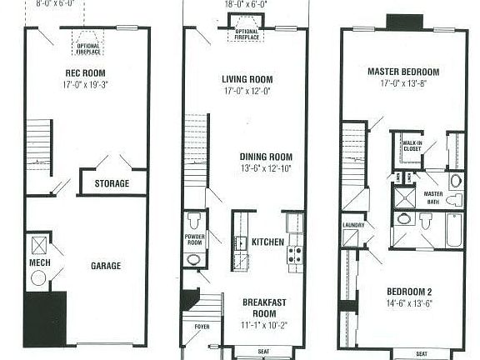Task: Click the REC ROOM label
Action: (x=84, y=72)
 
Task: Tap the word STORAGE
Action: (x=111, y=183)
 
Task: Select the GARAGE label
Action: (x=106, y=266)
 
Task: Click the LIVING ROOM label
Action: (x=247, y=79)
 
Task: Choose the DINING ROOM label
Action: (x=266, y=156)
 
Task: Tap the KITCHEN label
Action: (x=267, y=242)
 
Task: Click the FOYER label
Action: (x=202, y=327)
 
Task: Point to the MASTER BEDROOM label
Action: (x=403, y=72)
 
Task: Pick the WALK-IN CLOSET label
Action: (x=410, y=146)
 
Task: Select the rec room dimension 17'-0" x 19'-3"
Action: (x=84, y=84)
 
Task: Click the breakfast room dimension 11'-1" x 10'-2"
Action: (x=266, y=323)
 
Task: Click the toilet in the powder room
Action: (x=194, y=221)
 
